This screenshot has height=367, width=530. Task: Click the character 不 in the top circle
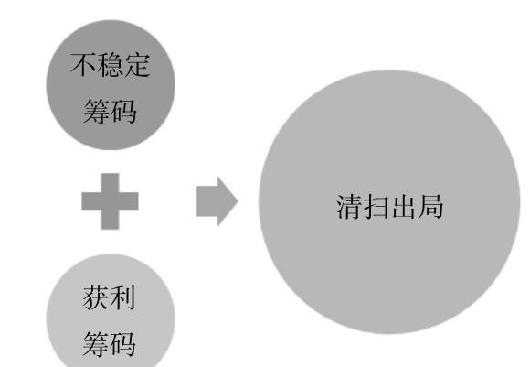(x=83, y=64)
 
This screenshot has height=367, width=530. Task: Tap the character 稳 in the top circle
(x=111, y=64)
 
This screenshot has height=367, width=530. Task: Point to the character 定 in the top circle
(x=137, y=64)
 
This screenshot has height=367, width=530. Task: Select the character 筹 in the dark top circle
(x=97, y=111)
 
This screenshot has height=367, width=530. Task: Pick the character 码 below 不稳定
(x=123, y=111)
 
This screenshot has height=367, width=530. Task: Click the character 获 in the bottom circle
(x=96, y=297)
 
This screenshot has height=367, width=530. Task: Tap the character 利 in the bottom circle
(x=123, y=297)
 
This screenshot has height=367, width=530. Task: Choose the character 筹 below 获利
(x=96, y=344)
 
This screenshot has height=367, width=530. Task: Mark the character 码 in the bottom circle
(x=123, y=344)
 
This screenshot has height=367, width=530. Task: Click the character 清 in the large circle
(x=349, y=207)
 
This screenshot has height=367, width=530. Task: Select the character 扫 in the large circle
(x=376, y=207)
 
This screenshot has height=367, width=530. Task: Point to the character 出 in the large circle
(x=403, y=207)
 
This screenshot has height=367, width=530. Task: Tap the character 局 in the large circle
(x=430, y=207)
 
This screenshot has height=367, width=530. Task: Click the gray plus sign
(x=110, y=201)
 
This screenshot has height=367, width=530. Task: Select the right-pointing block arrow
(x=217, y=201)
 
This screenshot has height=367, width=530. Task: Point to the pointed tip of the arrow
(x=238, y=201)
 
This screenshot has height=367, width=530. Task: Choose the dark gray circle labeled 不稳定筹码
(x=111, y=84)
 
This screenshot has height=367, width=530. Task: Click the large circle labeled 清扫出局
(x=389, y=201)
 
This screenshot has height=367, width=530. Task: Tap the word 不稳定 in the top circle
(x=111, y=64)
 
